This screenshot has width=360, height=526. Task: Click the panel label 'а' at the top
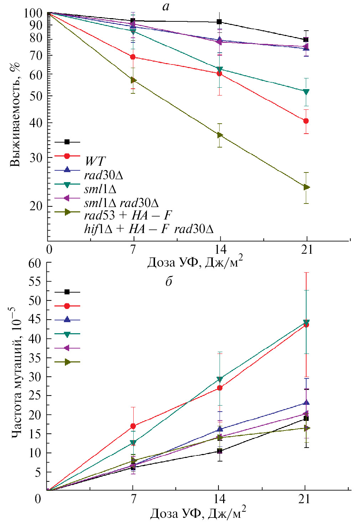tap(166, 6)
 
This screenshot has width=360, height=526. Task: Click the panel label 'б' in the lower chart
tap(169, 282)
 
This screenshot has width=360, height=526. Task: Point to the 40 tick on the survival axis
tap(35, 123)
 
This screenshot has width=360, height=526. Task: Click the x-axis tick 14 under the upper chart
tap(220, 249)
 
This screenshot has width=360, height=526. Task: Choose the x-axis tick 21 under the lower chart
tap(305, 499)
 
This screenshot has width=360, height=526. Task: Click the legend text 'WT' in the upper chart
tap(95, 161)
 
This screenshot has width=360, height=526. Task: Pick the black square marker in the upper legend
tap(67, 142)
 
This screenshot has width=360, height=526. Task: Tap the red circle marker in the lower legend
tap(67, 306)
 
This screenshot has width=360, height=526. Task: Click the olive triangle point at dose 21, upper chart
tap(306, 187)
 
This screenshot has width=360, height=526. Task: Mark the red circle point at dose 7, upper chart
tap(133, 57)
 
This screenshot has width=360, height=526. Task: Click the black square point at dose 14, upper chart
tap(220, 22)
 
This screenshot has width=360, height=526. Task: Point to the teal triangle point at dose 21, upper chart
tap(306, 92)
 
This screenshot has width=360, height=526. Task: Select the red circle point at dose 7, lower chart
tap(133, 426)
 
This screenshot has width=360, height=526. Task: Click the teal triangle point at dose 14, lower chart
tap(220, 379)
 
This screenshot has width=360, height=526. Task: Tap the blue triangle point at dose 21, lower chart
tap(306, 403)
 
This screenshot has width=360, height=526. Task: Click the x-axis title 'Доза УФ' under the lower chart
tap(198, 514)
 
